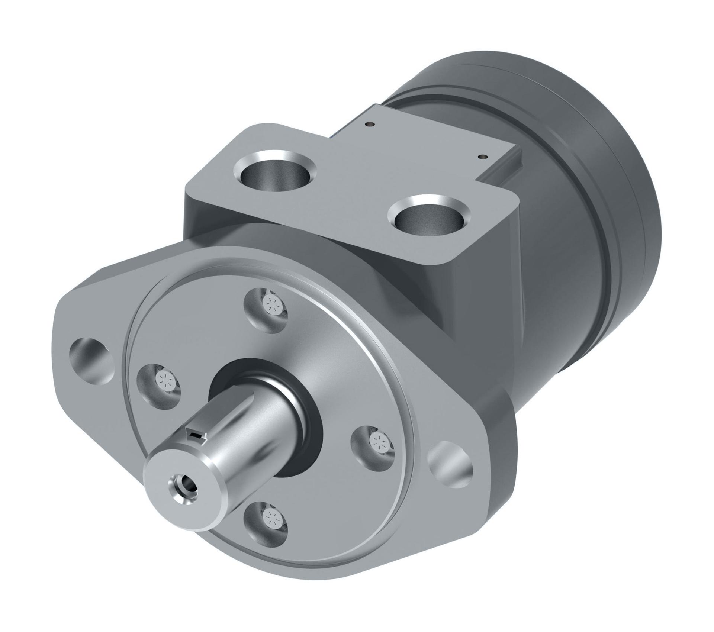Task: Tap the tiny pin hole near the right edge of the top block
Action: pos(483,157)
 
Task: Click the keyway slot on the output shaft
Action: pos(197,435)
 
